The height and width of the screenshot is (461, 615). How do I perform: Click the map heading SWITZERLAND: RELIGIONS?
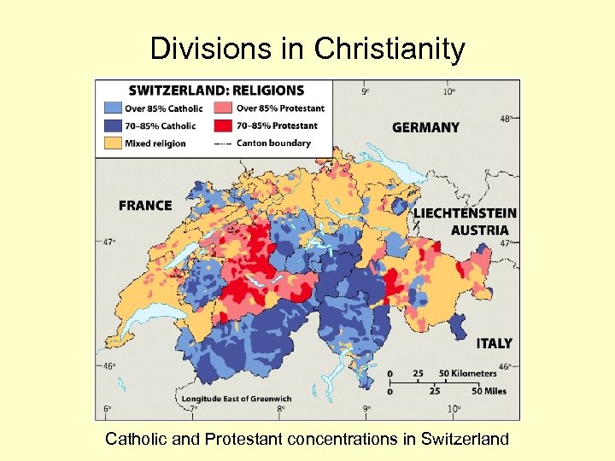point(216,90)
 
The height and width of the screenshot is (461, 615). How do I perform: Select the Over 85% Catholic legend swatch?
point(113,108)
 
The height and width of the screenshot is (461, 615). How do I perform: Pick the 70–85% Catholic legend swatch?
point(113,125)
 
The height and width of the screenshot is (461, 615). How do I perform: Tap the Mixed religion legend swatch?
point(113,143)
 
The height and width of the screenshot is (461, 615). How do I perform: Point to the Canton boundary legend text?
point(273,143)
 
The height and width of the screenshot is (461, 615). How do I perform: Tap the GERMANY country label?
point(425,128)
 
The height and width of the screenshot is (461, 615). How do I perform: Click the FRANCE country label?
point(145,206)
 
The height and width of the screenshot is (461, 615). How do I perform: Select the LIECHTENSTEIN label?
point(466,213)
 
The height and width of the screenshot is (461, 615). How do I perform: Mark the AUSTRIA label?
point(479,230)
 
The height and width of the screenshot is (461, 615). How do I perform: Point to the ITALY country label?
point(494,343)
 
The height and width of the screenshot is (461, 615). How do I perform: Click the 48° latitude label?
point(506,119)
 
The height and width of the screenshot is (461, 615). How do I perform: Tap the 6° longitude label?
point(108,409)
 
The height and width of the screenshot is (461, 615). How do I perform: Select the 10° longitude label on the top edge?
point(448,90)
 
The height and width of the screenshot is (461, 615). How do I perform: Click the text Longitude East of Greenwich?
point(236,399)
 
